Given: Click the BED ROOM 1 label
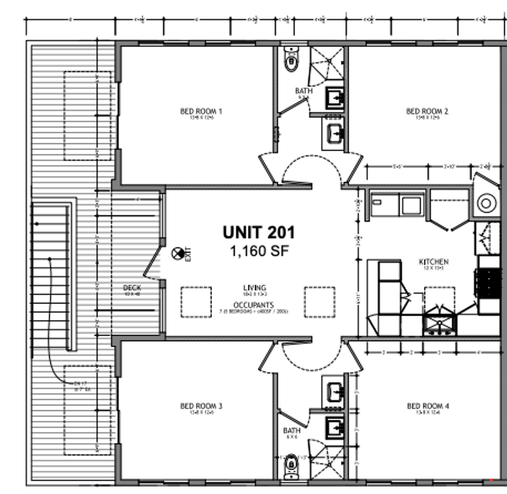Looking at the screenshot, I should pos(201,111).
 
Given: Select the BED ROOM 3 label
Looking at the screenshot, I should pos(201,406).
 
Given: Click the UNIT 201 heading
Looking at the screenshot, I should pos(259,233).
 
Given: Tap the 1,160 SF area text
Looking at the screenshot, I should pos(259,251).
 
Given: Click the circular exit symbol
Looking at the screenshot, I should pos(177,253).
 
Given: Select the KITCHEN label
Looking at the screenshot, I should pos(433,262).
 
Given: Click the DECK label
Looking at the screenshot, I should pos(132,288).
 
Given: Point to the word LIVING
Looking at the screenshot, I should pos(255,288).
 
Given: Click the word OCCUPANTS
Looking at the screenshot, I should pos(253,305).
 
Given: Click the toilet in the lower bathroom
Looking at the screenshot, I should pos(291,467).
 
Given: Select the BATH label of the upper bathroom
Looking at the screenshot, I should pos(304,91).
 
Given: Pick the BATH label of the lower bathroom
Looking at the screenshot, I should pos(292,431).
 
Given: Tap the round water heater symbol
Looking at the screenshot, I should pos(486,203).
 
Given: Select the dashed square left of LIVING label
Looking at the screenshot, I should pos(196,302).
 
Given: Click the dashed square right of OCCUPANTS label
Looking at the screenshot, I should pos(320,302).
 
